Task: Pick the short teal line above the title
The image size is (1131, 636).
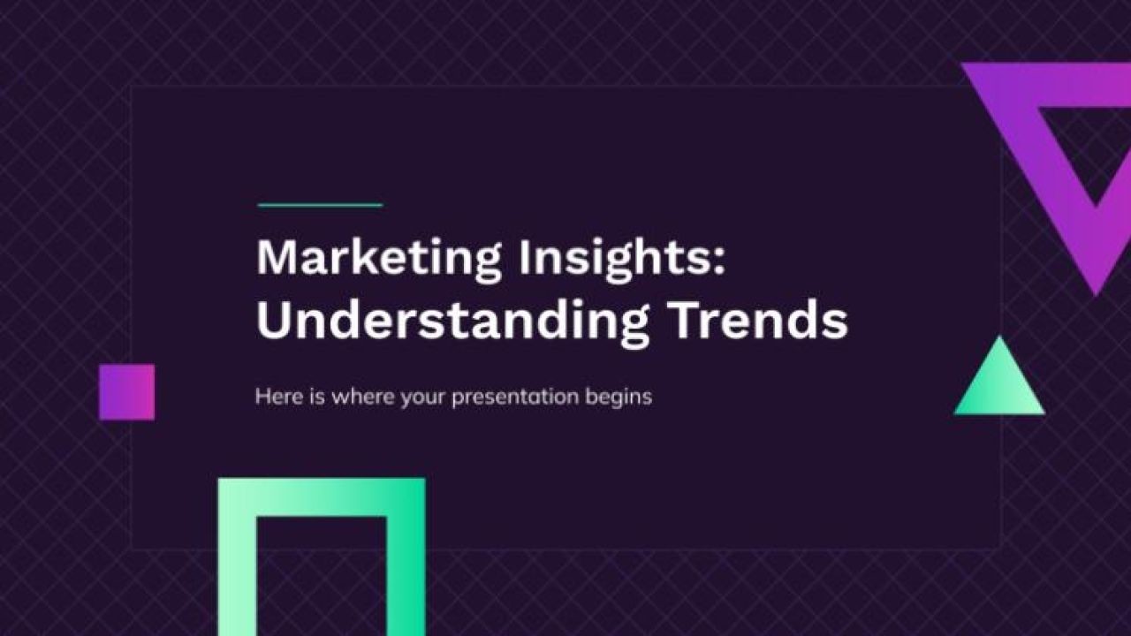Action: pyautogui.click(x=320, y=205)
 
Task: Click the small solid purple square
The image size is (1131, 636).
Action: pyautogui.click(x=126, y=392)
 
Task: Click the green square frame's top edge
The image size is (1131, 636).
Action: pyautogui.click(x=321, y=496)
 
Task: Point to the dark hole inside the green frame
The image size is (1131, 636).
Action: pyautogui.click(x=322, y=574)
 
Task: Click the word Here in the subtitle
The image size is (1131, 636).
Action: pyautogui.click(x=273, y=397)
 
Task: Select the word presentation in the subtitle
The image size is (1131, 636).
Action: pyautogui.click(x=515, y=397)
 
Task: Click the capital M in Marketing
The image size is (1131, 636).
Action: pyautogui.click(x=275, y=257)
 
